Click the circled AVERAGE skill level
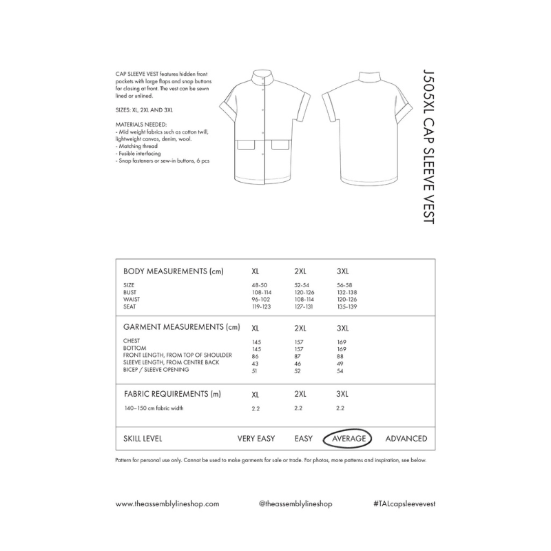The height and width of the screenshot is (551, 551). (x=349, y=439)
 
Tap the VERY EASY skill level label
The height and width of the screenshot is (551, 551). (x=256, y=439)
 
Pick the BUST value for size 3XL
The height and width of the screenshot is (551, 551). (x=347, y=293)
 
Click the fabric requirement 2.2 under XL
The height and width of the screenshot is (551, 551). (x=257, y=408)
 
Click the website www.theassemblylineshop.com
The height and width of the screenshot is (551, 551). (x=167, y=503)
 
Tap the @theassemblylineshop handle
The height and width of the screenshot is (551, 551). (x=295, y=503)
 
